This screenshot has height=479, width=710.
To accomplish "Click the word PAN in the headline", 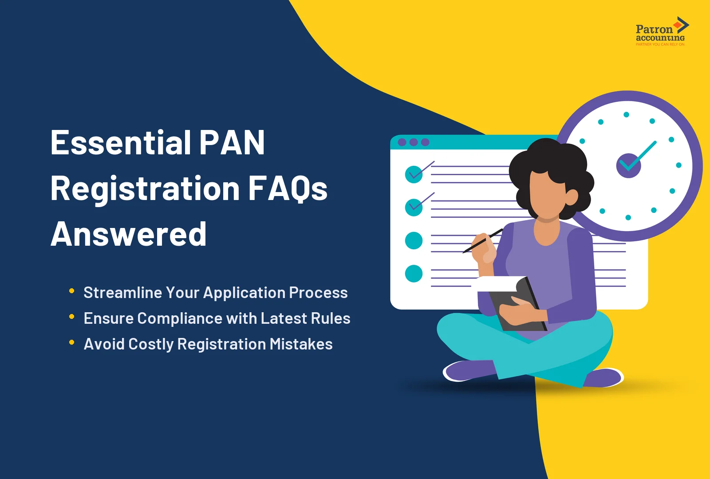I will tap(232, 143).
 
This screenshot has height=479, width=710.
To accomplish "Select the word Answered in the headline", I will tap(129, 234).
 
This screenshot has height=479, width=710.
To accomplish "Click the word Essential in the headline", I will tap(121, 143).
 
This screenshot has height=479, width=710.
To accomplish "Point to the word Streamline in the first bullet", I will tap(123, 293).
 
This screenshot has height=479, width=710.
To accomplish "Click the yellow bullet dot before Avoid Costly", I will tap(71, 342).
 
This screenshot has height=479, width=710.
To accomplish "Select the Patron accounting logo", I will tap(661, 32).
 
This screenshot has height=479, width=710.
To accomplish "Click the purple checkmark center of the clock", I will tap(628, 165).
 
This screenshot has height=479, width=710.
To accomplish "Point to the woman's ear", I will tap(571, 196).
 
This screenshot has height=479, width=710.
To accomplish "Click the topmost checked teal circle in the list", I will tap(414, 174).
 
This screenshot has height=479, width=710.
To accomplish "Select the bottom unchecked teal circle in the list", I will tap(414, 274).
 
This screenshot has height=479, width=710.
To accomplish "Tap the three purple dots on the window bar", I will tap(414, 142).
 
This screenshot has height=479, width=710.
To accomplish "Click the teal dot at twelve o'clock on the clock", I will tap(626, 114).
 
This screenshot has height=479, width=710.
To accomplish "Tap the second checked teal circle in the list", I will tap(414, 207).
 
